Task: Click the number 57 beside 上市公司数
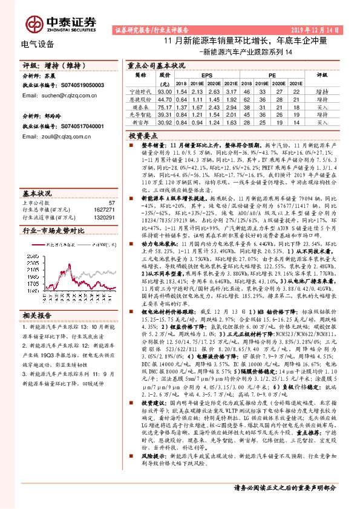coord(111,203)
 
